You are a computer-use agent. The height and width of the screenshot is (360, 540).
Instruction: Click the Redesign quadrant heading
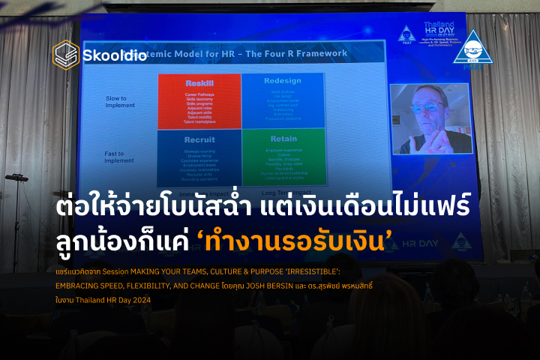point(283,80)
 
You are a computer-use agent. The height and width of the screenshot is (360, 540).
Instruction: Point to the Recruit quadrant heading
point(200,139)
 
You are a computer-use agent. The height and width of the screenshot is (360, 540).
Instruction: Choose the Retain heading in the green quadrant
point(283,139)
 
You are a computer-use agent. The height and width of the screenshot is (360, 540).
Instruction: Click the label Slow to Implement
point(120,101)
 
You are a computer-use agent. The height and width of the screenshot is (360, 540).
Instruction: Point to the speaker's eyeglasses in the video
point(428,107)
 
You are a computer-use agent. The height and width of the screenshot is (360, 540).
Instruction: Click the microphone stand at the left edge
point(16,217)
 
